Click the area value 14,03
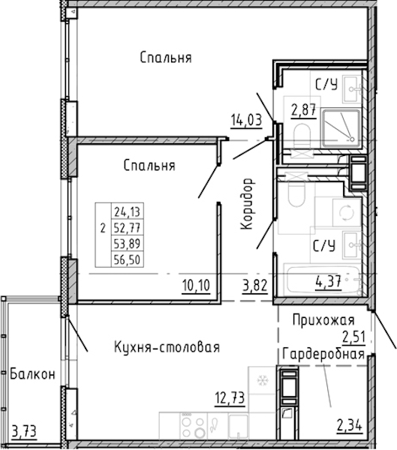coord(246,120)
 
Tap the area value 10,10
coord(196,286)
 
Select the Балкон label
coord(32,374)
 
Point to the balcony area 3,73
coord(25,431)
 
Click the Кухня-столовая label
coord(167,347)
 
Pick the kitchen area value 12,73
coord(230,398)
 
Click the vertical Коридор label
coord(247,204)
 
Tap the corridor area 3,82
coord(255,286)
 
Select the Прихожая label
coord(323,320)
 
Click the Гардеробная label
coord(323,354)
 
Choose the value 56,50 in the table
coord(127,259)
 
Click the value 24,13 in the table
coord(127,212)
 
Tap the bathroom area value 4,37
coord(329,281)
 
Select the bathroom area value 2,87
coord(304,110)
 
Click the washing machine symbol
coord(347,212)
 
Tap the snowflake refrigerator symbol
coord(262,380)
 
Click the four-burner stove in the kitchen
coord(194,426)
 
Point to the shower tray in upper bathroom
coord(341,128)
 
